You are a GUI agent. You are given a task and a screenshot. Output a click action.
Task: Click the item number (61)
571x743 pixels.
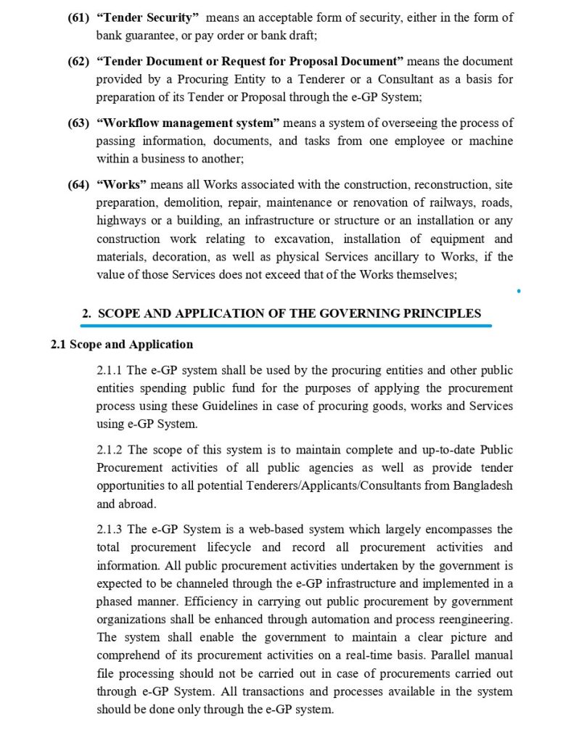79,16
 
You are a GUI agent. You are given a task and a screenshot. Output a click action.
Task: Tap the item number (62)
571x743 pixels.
79,61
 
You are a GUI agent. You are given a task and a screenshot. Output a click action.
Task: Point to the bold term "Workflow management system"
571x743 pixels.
185,124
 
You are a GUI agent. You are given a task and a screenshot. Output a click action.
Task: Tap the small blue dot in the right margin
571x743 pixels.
519,292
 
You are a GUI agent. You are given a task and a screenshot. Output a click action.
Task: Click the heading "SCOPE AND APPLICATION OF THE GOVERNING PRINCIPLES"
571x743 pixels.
289,313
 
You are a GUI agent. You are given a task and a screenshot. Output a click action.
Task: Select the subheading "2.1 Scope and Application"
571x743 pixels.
121,344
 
